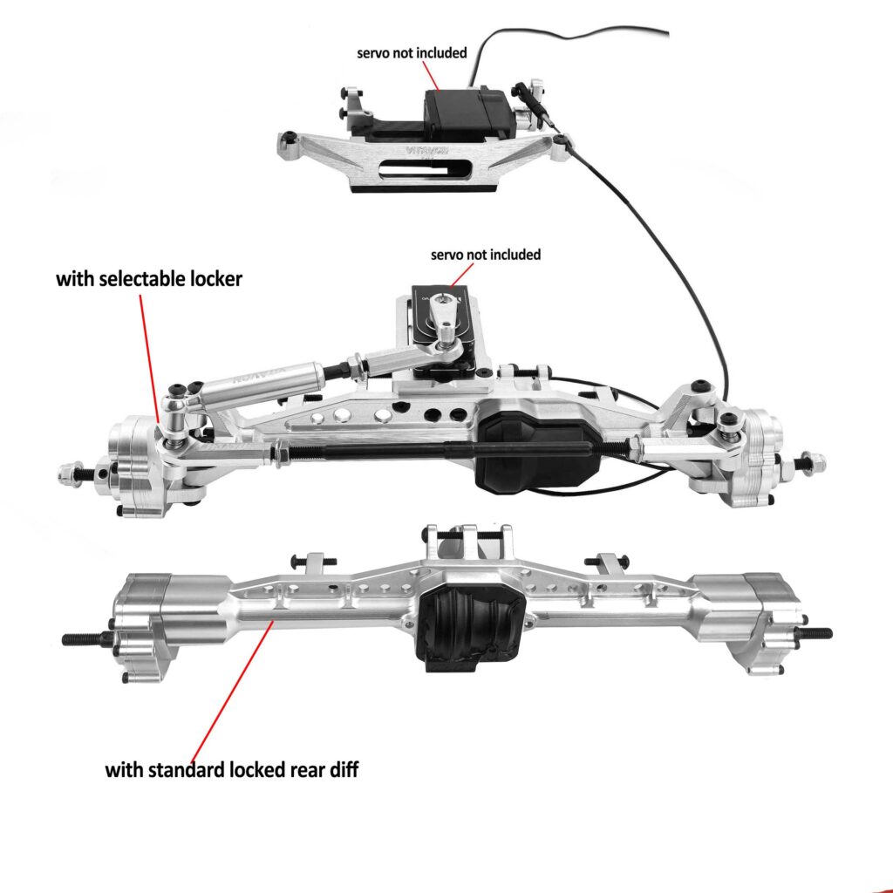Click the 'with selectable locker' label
point(148,280)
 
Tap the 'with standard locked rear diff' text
point(232,770)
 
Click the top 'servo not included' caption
point(412,52)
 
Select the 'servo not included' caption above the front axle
point(486,255)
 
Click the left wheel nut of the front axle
point(65,474)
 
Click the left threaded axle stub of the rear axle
point(83,638)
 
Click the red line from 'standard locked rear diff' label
point(231,689)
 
